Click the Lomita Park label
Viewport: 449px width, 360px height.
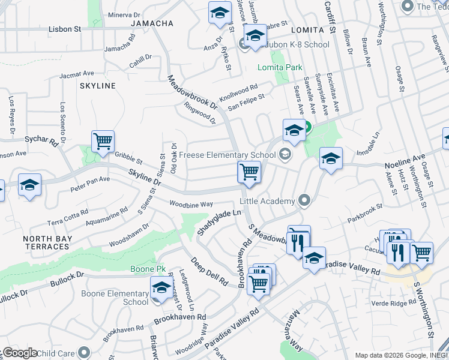click(x=280, y=67)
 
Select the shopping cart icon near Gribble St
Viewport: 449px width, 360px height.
click(x=103, y=142)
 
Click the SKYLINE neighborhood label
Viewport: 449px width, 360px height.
click(x=97, y=86)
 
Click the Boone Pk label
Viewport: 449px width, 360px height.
click(x=143, y=269)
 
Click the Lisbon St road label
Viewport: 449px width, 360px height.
click(x=65, y=29)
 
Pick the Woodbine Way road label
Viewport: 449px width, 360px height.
click(x=191, y=204)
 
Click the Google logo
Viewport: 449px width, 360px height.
click(x=20, y=353)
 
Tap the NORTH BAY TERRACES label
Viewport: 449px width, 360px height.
click(x=47, y=242)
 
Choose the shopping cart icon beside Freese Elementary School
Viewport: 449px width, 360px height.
click(x=249, y=172)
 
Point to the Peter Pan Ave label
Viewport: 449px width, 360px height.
click(x=90, y=179)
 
